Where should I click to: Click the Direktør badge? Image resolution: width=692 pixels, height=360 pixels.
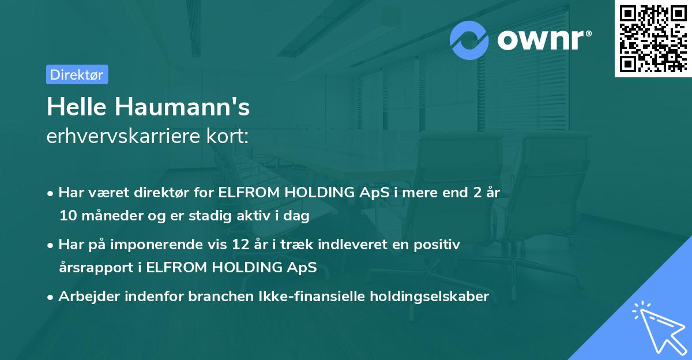pos(77,74)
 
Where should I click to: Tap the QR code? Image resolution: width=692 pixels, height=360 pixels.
pos(652,38)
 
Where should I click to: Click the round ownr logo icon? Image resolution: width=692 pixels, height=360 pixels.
pos(469,40)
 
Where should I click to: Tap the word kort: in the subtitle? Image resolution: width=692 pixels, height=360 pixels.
pos(231,137)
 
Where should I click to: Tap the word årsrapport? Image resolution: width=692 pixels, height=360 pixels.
pos(93,268)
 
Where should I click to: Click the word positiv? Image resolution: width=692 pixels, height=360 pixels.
pos(438,245)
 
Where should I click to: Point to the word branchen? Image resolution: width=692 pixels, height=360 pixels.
pos(194,297)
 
